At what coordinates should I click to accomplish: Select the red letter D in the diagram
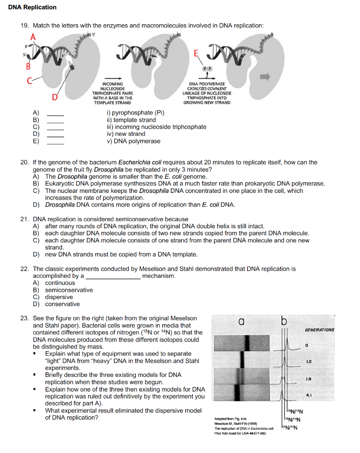pos(54,97)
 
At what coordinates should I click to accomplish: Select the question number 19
pos(25,26)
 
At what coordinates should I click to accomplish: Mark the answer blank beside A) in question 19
pos(56,114)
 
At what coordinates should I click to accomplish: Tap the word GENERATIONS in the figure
pos(319,330)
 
